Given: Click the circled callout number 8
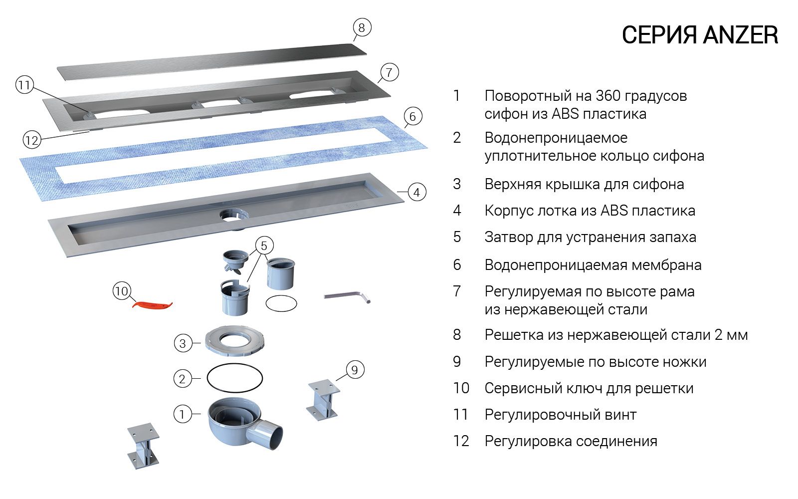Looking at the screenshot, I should (362, 27).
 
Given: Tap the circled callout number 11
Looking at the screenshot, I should (24, 85).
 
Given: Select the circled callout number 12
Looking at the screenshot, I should (31, 140).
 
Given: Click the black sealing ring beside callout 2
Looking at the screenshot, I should (234, 379).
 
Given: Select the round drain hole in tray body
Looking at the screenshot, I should (232, 216).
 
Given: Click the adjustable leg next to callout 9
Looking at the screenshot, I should (323, 400).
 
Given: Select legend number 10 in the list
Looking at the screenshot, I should (461, 388).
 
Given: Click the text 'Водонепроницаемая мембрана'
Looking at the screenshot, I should (593, 264).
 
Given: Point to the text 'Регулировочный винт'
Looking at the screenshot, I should (560, 414).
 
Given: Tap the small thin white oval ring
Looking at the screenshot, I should (281, 303).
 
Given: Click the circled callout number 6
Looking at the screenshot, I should (412, 117).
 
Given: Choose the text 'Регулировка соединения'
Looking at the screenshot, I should (571, 441).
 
